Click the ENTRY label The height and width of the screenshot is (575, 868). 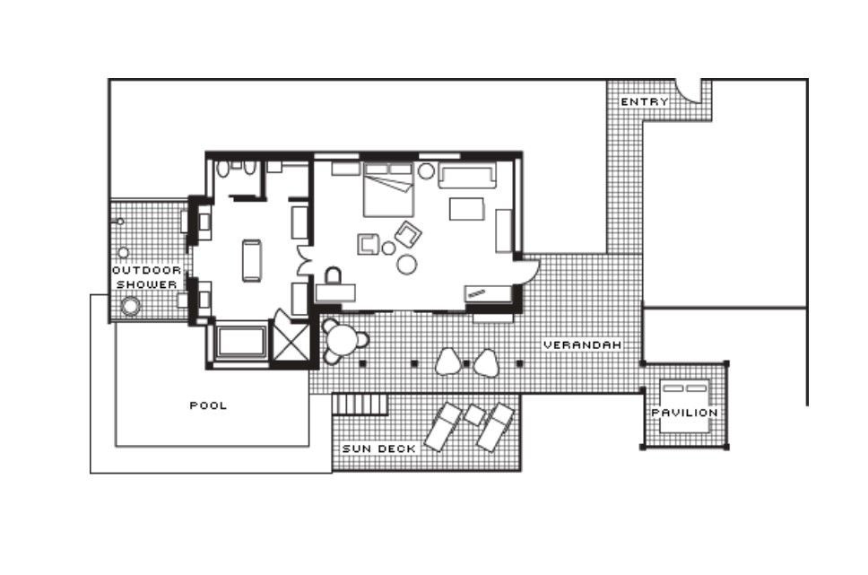[645, 102]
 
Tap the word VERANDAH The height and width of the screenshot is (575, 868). [582, 344]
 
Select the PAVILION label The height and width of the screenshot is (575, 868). [685, 413]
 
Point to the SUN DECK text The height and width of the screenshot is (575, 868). [378, 449]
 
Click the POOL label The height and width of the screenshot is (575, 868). [208, 405]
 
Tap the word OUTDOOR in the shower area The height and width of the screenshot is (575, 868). [147, 270]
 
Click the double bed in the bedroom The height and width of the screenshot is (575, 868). [388, 189]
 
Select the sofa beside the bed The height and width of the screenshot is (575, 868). [468, 176]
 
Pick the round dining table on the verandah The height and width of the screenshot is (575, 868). [341, 340]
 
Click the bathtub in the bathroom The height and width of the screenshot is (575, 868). [241, 342]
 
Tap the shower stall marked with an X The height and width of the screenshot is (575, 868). [291, 340]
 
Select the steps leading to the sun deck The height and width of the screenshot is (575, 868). [360, 404]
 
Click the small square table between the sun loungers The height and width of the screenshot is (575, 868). [473, 414]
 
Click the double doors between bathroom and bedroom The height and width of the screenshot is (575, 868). [304, 261]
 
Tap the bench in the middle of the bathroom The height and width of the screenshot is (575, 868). [252, 260]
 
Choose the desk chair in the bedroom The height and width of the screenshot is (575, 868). [334, 276]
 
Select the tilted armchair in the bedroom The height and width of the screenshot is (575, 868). [409, 234]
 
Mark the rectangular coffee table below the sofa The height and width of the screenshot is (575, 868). [466, 209]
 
